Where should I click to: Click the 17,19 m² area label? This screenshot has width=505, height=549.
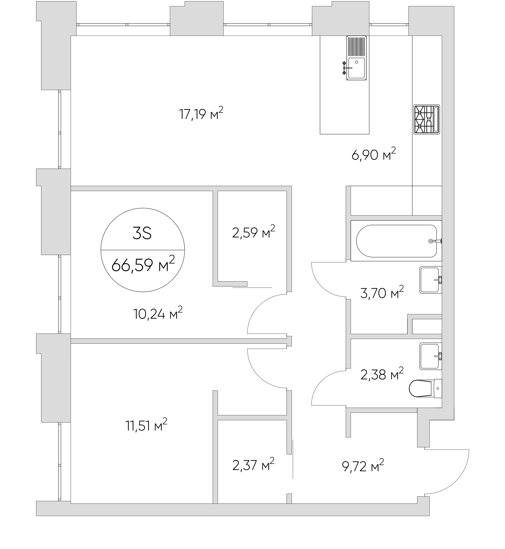click(x=201, y=114)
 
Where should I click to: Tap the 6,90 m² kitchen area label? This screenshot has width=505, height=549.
click(x=374, y=154)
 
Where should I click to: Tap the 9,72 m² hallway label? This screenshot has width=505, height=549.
click(x=363, y=466)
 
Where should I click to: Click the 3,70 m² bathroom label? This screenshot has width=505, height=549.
click(x=382, y=293)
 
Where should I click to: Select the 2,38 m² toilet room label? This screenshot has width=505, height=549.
click(x=382, y=374)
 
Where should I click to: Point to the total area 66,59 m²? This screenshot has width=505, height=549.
click(x=143, y=264)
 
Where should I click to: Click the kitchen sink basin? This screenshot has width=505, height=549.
click(x=356, y=68)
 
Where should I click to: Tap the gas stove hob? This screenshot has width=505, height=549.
click(x=427, y=119)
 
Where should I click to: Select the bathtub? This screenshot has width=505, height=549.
click(x=396, y=241)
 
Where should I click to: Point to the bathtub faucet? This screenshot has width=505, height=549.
click(x=435, y=241)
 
